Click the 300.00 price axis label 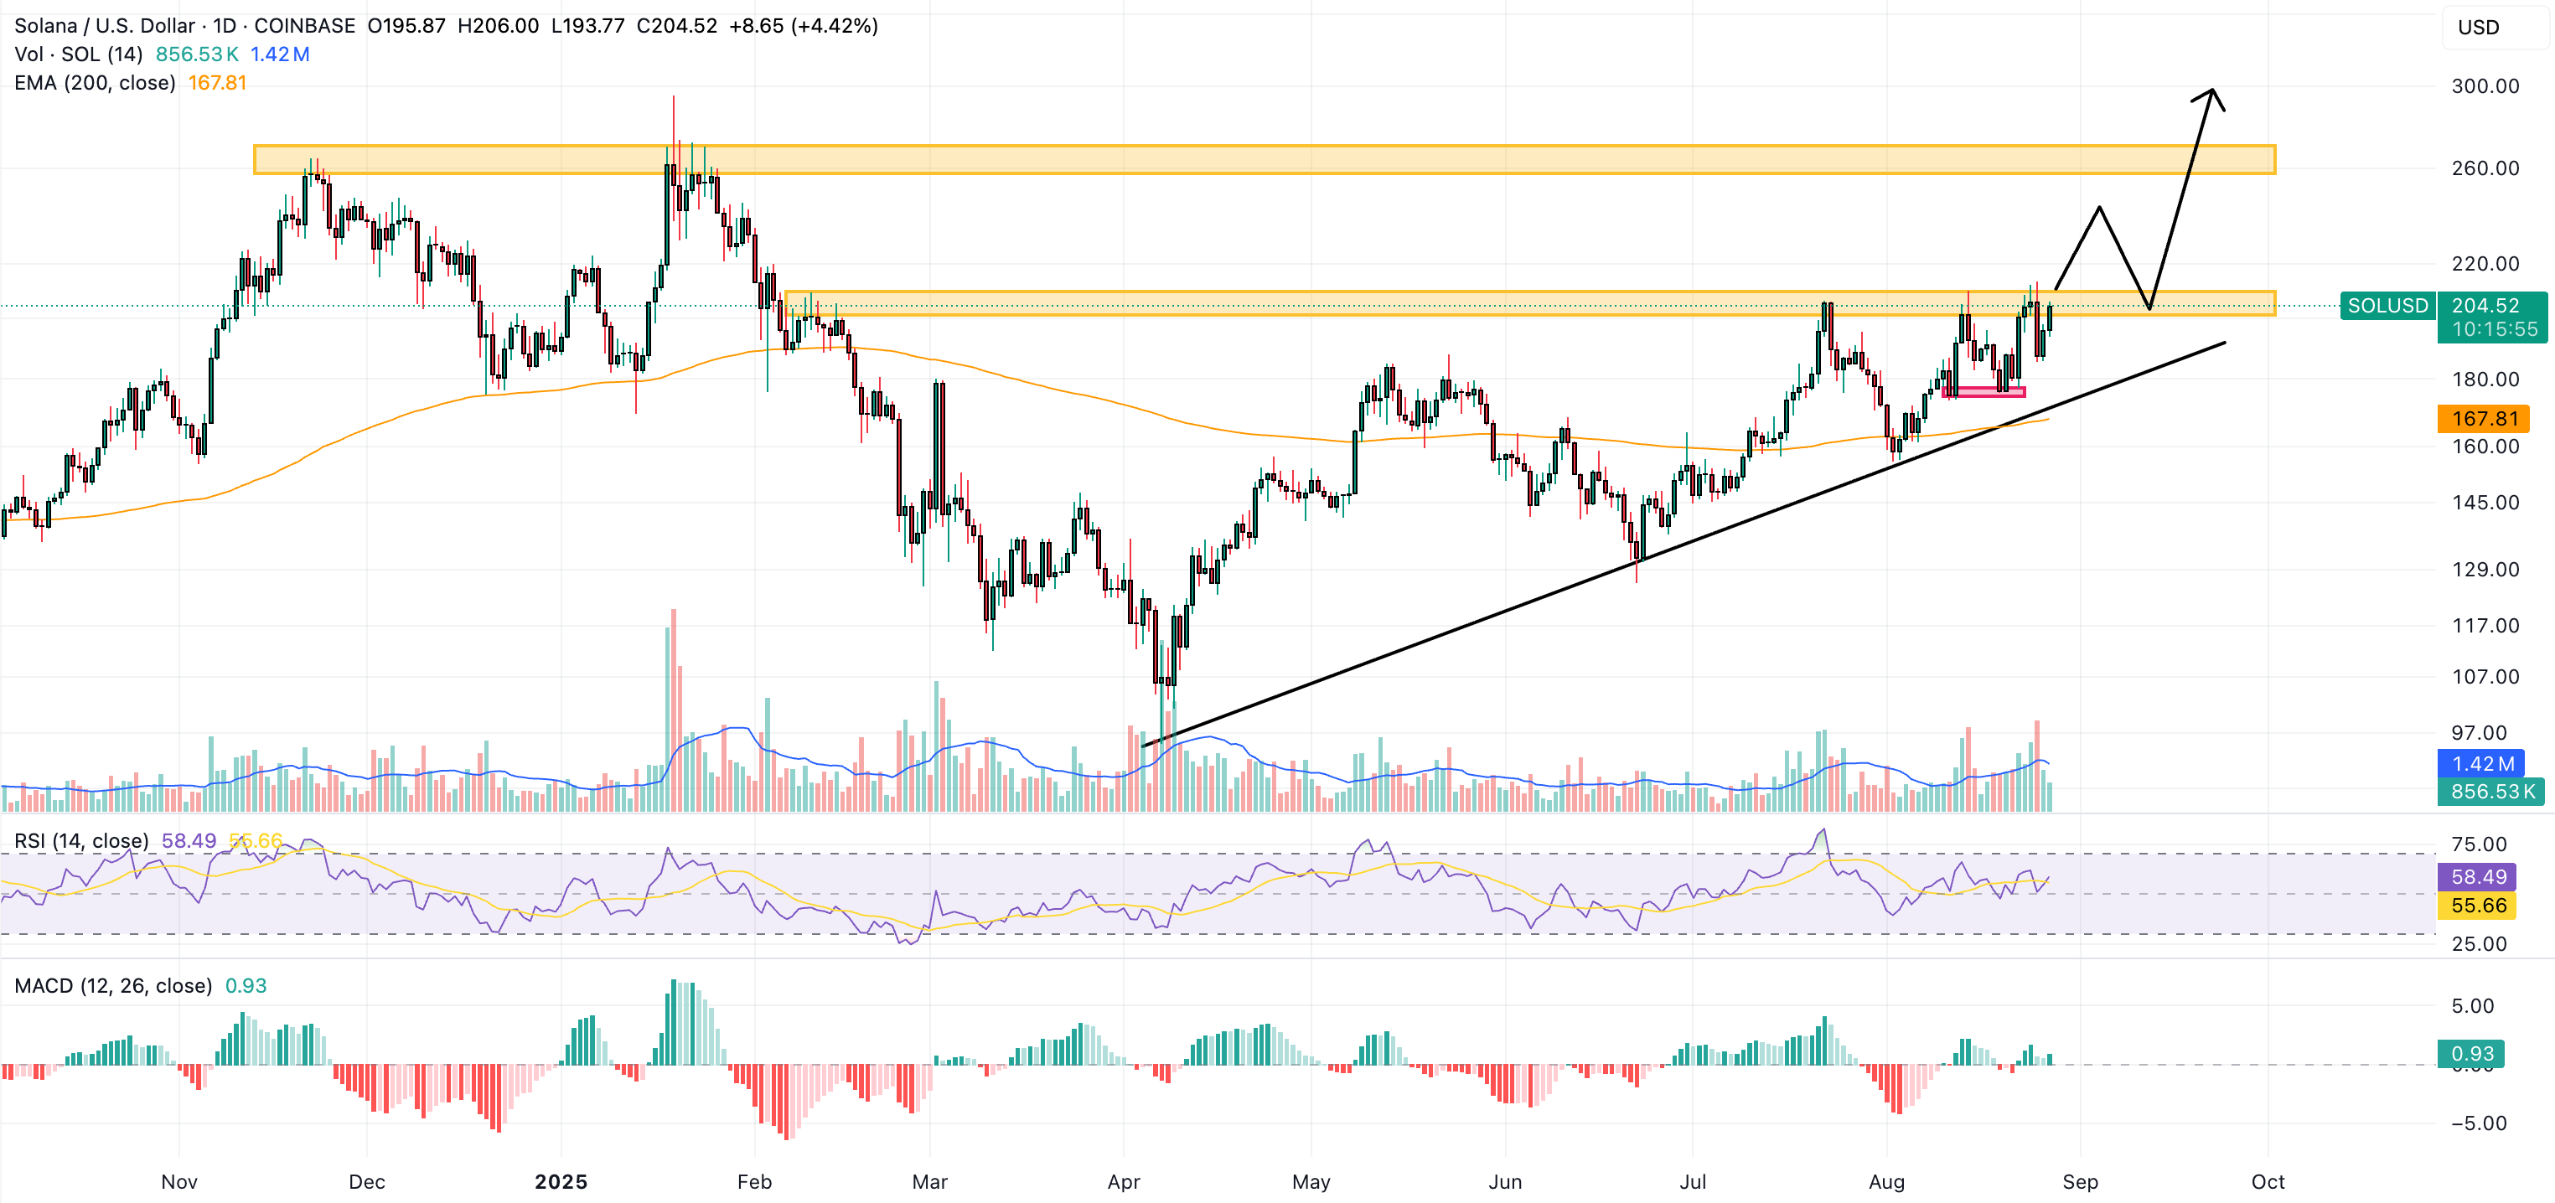click(x=2485, y=86)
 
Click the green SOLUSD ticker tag click(x=2387, y=306)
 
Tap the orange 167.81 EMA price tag click(x=2484, y=419)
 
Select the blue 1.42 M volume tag click(x=2483, y=764)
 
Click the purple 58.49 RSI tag click(x=2478, y=877)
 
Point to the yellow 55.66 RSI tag click(x=2478, y=906)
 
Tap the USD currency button click(x=2478, y=28)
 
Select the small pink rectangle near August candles click(x=1983, y=393)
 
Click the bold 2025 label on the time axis click(x=561, y=1181)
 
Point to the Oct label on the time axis click(x=2268, y=1181)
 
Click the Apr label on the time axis click(x=1123, y=1181)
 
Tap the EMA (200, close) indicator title click(x=94, y=83)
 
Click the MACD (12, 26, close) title click(x=112, y=986)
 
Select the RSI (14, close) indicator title click(x=80, y=841)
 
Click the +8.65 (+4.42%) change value click(x=803, y=26)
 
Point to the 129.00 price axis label click(x=2485, y=570)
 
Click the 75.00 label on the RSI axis click(x=2478, y=844)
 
